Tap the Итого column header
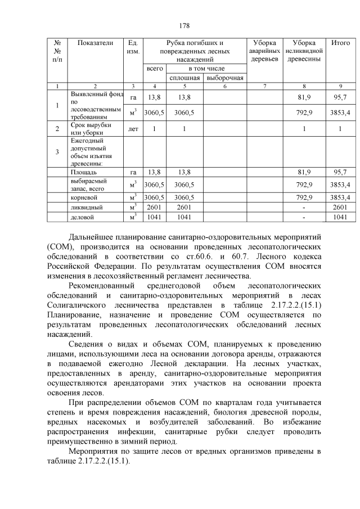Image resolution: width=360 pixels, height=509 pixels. coord(340,43)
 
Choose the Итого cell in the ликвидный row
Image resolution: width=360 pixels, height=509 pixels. coord(340,207)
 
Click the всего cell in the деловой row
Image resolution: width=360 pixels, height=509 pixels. coord(154,217)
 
